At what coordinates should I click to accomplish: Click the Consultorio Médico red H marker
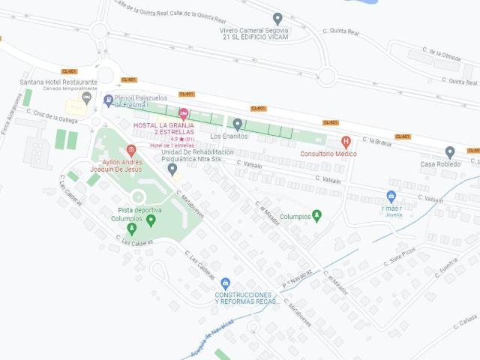pos(346,141)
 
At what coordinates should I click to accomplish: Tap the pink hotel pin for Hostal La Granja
pos(184,113)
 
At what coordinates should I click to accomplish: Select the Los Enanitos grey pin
pos(238,124)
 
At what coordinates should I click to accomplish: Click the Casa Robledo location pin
pos(450,152)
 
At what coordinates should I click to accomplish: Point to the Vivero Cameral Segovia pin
pos(277,19)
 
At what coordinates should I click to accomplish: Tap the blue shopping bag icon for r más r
pos(391,196)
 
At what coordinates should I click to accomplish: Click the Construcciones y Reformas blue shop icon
pos(226,283)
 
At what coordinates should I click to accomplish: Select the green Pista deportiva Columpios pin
pos(151,220)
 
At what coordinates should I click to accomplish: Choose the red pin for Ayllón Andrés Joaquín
pos(131,150)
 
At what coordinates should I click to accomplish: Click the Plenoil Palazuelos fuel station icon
pos(108,99)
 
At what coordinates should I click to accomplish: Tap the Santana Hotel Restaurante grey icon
pos(87,97)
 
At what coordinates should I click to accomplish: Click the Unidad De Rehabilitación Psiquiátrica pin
pos(172,169)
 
